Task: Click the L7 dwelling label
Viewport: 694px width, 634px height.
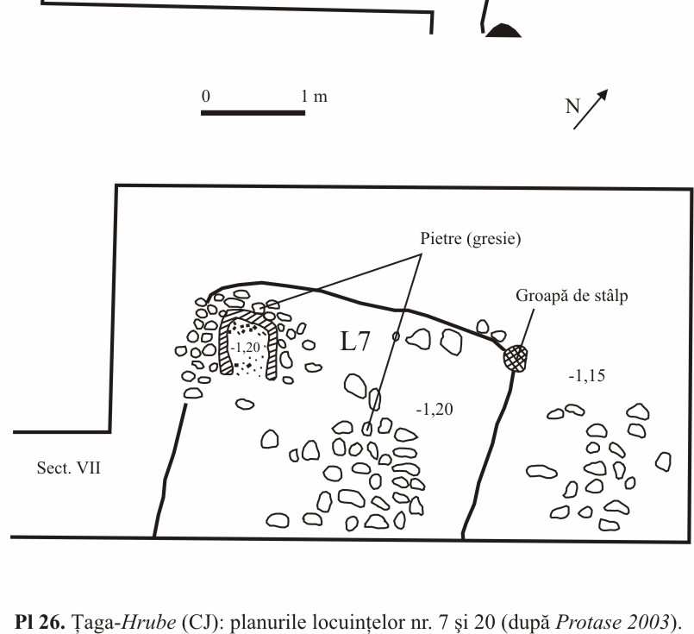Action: click(355, 342)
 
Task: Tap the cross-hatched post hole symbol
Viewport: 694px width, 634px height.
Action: click(516, 357)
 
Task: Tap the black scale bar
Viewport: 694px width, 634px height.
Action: click(253, 112)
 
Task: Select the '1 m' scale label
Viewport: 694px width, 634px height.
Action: click(315, 96)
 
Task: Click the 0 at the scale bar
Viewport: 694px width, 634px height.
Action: click(205, 96)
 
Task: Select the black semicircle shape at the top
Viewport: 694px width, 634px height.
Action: click(503, 31)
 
